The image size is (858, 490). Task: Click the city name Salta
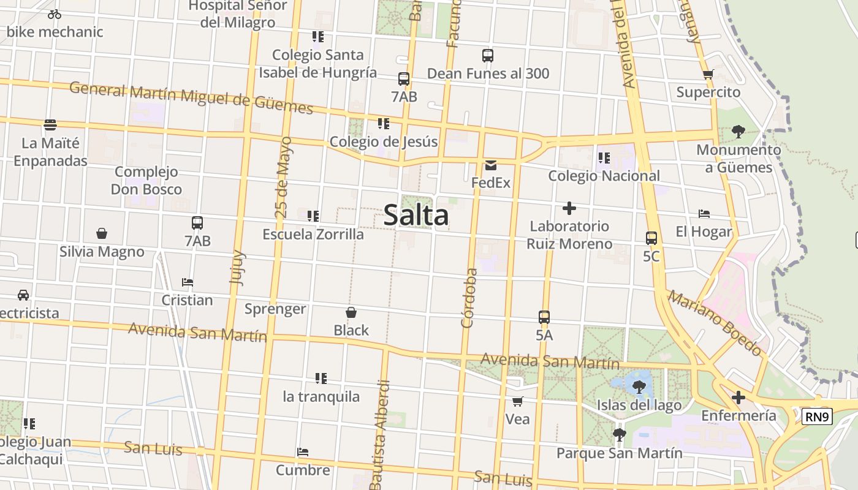coord(416,216)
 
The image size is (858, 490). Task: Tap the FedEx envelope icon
coord(490,165)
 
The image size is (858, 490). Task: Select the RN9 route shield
coord(818,417)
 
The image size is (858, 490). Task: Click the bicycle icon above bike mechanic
coord(55,14)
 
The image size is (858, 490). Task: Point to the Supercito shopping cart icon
coord(708,75)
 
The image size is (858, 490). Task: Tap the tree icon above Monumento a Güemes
coord(738,131)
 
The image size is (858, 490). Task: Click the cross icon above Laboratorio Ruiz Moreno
coord(569,208)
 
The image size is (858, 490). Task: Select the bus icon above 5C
coord(651,238)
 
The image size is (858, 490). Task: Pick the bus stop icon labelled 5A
coord(544,317)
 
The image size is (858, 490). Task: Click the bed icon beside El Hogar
coord(704,214)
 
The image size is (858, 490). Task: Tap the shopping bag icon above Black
coord(351,313)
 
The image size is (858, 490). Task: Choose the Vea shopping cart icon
coord(517,402)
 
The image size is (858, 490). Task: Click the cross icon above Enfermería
coord(738,398)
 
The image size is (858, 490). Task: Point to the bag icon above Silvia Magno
coord(102,233)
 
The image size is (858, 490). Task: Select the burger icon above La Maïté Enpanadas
coord(50,125)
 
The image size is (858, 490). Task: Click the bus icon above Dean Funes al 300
coord(488,56)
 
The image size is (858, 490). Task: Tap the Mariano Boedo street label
coord(715,323)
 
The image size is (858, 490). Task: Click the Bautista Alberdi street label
coord(379,435)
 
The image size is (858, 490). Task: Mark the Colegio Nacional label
coord(604,176)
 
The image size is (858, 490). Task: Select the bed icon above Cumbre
coord(302,452)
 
